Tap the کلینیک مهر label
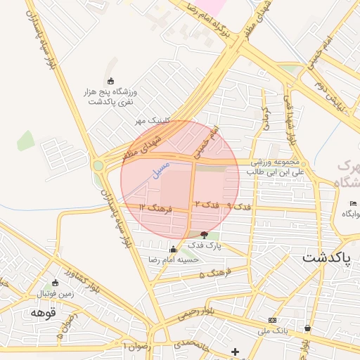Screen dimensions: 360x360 153,121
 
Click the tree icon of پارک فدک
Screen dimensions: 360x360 205,235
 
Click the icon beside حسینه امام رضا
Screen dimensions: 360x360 173,248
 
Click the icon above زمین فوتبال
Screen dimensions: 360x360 55,283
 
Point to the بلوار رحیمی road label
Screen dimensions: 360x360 205,312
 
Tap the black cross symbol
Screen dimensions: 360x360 235,352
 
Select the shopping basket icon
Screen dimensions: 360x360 308,328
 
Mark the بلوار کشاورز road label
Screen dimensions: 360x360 77,273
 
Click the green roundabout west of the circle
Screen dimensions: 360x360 98,166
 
